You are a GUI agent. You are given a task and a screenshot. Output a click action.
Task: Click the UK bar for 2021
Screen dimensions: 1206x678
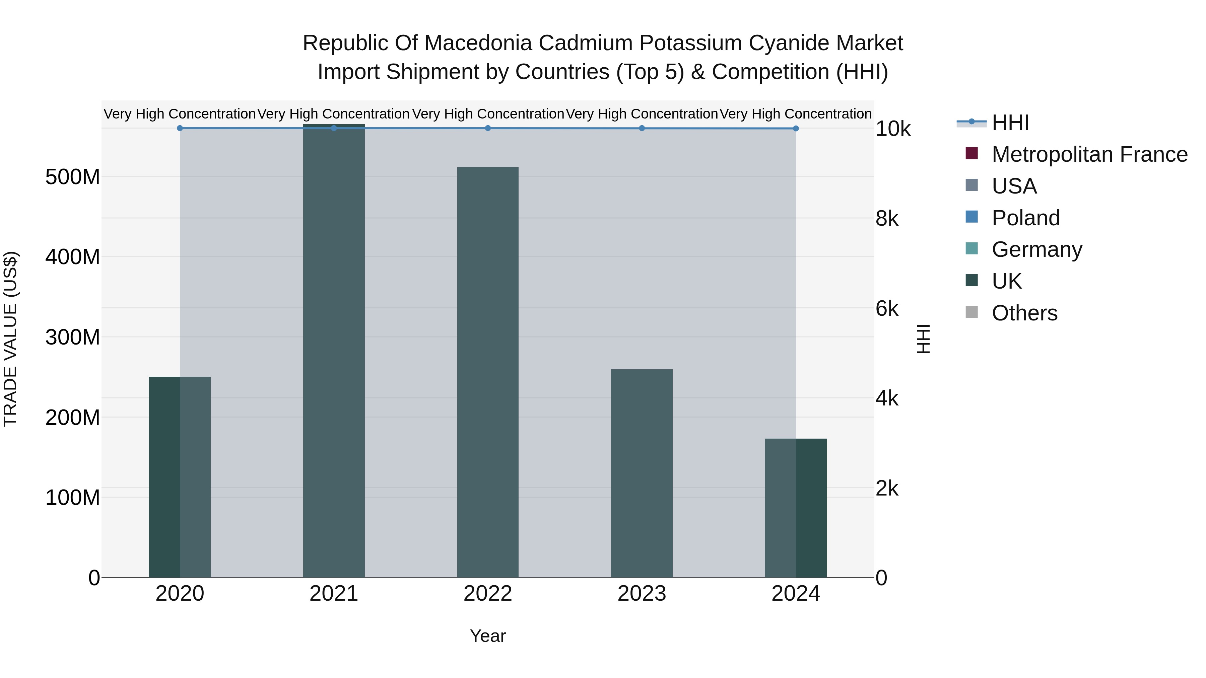click(334, 351)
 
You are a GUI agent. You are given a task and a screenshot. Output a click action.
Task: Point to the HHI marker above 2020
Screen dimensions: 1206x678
click(180, 128)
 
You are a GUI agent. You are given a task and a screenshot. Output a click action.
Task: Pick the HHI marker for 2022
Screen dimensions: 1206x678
click(488, 128)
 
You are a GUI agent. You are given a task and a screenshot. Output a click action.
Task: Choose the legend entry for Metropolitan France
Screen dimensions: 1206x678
click(1089, 154)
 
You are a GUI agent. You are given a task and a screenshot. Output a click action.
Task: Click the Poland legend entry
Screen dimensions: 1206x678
click(1025, 218)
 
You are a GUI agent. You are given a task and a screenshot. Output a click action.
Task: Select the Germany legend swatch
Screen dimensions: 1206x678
click(972, 248)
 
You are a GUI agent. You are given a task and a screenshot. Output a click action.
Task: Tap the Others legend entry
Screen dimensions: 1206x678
click(1024, 313)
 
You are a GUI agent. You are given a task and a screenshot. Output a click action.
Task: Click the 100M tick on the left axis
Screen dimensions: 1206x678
click(73, 498)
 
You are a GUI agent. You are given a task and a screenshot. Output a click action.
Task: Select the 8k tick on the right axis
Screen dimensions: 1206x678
click(887, 219)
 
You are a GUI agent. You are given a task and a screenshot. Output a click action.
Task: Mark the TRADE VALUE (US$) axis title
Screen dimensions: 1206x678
click(10, 339)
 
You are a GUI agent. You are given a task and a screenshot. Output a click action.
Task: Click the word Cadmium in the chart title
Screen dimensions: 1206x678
click(585, 43)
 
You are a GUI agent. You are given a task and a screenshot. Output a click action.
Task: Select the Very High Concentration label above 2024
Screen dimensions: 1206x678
click(795, 114)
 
